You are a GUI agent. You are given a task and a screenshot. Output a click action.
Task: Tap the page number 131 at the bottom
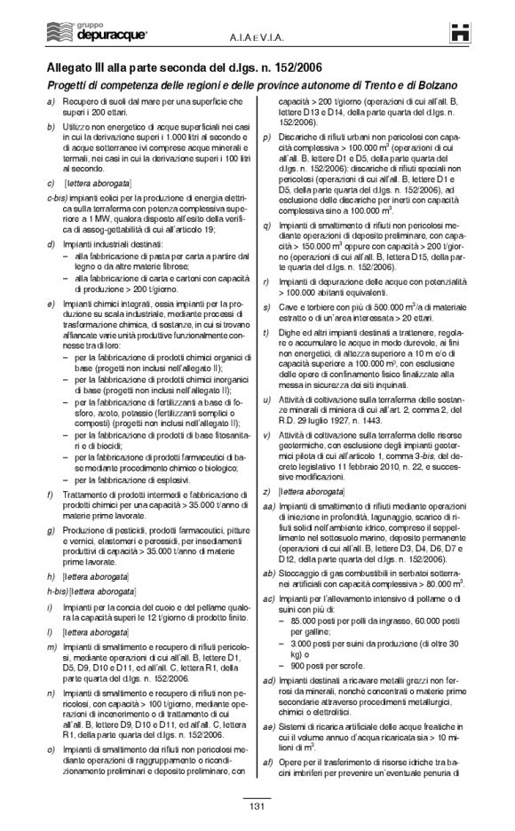[257, 805]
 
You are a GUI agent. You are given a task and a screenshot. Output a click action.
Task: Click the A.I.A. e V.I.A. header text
[257, 35]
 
